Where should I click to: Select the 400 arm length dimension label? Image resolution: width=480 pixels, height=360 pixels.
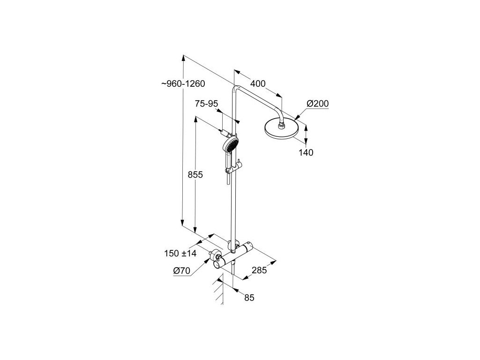coord(258,84)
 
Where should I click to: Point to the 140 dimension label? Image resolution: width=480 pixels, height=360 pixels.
coord(307,152)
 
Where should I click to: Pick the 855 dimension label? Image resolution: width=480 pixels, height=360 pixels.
coord(195,175)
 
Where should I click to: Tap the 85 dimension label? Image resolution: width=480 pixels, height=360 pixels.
coord(249,297)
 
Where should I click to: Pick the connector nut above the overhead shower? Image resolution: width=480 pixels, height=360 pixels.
coord(281,125)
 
